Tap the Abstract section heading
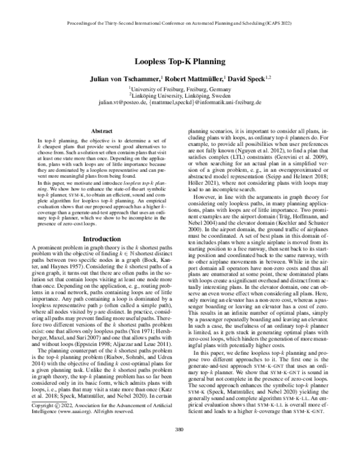99,130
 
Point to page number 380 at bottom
179,446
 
